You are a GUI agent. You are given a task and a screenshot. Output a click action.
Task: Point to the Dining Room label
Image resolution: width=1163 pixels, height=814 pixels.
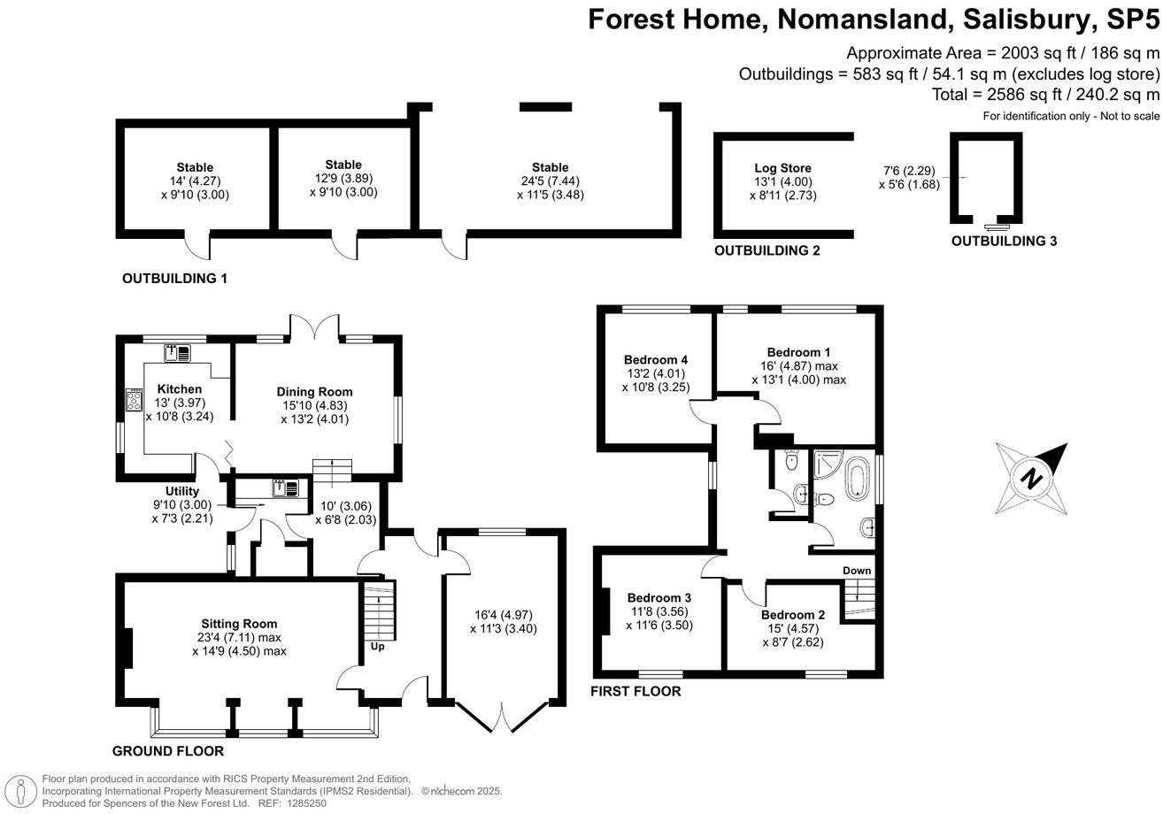coord(314,392)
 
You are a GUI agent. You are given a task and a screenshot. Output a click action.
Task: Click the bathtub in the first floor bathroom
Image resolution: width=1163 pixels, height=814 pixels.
coord(856,478)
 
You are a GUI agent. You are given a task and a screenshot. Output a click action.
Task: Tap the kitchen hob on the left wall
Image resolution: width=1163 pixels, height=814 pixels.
coord(135,401)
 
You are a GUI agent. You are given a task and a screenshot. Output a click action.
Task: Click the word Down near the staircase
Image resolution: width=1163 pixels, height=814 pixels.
coord(856,571)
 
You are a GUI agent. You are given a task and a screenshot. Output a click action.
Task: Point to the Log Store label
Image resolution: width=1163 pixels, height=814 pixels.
coord(782,168)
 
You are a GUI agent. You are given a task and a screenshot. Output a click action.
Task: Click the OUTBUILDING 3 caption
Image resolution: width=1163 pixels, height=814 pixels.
coord(1004,241)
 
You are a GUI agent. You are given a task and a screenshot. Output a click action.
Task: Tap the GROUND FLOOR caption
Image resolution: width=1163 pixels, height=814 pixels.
coord(167,751)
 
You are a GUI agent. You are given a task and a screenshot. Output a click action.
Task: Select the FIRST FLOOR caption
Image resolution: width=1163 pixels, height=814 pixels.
coord(635,691)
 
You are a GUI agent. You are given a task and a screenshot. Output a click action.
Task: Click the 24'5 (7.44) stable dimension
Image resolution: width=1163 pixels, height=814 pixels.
coord(551,180)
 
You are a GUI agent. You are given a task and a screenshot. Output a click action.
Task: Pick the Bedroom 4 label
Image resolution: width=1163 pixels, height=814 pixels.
coord(656,360)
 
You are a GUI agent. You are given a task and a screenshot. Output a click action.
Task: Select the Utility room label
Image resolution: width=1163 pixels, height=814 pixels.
coord(181,492)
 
